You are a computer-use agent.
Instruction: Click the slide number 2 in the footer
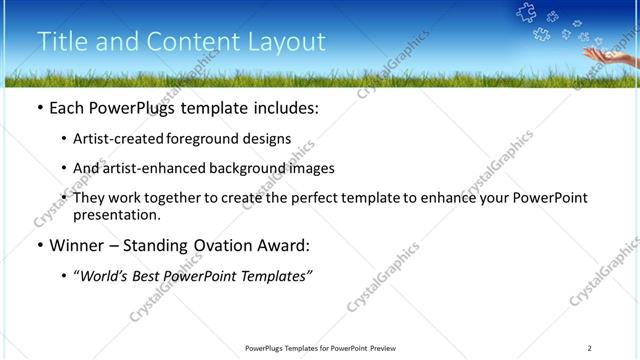pyautogui.click(x=590, y=348)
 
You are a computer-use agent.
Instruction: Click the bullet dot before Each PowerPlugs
pyautogui.click(x=39, y=108)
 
